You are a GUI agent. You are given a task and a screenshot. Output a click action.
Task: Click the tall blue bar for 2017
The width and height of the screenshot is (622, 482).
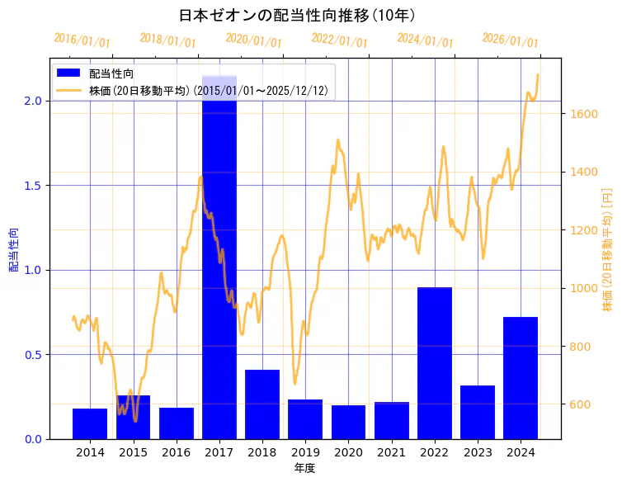point(219,264)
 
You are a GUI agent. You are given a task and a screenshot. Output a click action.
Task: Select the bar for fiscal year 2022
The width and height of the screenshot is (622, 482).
point(435,363)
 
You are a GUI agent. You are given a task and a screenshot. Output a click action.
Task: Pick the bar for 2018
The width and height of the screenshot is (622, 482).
point(262,404)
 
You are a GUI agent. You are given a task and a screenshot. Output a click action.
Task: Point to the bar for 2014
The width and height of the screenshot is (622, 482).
point(90,423)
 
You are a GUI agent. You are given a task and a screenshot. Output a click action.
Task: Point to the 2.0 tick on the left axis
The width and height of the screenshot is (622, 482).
point(34,101)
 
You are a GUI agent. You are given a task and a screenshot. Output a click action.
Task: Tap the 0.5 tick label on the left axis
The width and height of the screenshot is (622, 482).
point(34,355)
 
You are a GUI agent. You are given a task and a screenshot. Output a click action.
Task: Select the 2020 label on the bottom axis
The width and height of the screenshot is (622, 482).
point(348,452)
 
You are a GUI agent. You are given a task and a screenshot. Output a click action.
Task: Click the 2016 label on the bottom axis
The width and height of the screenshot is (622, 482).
point(177,452)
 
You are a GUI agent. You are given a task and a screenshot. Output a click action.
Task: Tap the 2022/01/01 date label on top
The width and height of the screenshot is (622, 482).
point(339,40)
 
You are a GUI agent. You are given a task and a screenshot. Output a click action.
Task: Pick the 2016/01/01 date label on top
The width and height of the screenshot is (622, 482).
point(82,40)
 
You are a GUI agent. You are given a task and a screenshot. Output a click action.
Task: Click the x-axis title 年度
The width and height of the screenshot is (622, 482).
point(304,468)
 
